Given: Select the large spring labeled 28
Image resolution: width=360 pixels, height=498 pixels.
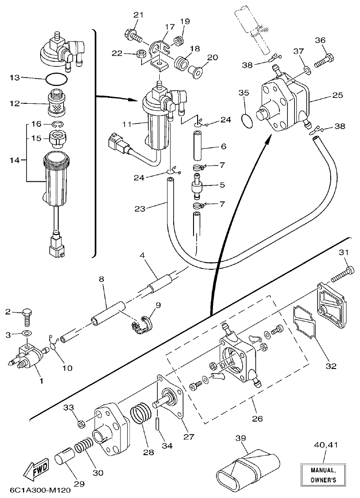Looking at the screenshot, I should coord(141,414).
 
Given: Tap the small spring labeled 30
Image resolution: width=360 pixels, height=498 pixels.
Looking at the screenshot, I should coord(85,447).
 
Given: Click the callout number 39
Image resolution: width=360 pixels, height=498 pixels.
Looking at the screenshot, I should coord(242,438).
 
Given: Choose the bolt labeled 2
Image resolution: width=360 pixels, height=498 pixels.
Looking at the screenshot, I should coord(27,317).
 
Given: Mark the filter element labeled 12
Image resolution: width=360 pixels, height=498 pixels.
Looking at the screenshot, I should coord(56,105).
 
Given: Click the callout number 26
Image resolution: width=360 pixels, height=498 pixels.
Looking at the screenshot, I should coord(257,418).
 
